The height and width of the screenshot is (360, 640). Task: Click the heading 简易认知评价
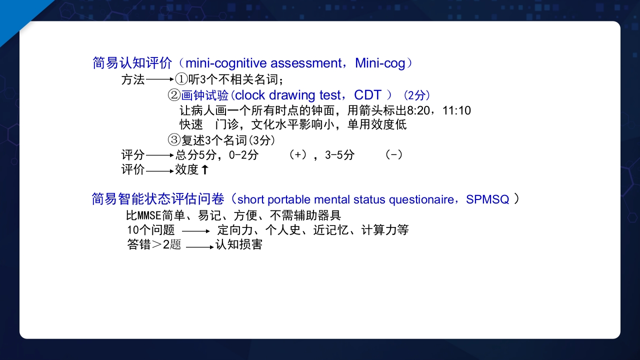(132, 63)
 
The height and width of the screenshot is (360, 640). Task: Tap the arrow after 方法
(159, 79)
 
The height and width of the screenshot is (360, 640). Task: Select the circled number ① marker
(181, 79)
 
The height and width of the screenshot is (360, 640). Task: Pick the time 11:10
(456, 110)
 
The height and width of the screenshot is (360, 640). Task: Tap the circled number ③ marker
(174, 140)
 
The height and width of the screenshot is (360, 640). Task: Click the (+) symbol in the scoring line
(298, 155)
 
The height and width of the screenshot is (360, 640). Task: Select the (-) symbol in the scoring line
(394, 155)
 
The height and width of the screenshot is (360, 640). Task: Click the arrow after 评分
(159, 155)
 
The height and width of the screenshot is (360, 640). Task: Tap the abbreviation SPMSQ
(487, 199)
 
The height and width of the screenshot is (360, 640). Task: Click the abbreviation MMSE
(149, 216)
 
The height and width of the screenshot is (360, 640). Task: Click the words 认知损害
(238, 245)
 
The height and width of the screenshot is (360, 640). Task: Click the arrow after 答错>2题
(200, 246)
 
